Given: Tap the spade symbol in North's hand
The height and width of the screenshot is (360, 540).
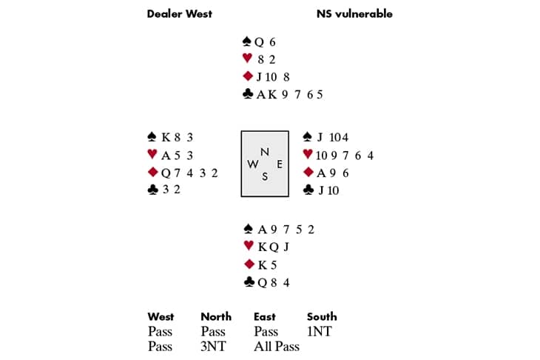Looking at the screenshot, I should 248,42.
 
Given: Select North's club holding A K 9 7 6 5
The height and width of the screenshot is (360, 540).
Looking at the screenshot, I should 289,94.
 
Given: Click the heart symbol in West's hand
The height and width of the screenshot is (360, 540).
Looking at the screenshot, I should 152,154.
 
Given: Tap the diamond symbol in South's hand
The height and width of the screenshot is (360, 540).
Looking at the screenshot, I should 248,264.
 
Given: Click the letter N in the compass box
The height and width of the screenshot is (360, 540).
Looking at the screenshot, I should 264,152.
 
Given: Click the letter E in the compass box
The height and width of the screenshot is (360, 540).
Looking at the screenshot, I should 278,163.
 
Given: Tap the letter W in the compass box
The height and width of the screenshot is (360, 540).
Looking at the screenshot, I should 252,164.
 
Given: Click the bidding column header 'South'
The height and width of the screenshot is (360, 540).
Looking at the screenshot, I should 322,316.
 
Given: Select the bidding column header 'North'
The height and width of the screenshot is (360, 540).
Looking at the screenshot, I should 216,316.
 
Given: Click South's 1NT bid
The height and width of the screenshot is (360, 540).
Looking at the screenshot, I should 320,332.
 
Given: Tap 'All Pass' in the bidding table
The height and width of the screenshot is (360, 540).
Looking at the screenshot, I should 277,346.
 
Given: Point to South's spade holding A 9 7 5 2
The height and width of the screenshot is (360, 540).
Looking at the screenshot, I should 286,229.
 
